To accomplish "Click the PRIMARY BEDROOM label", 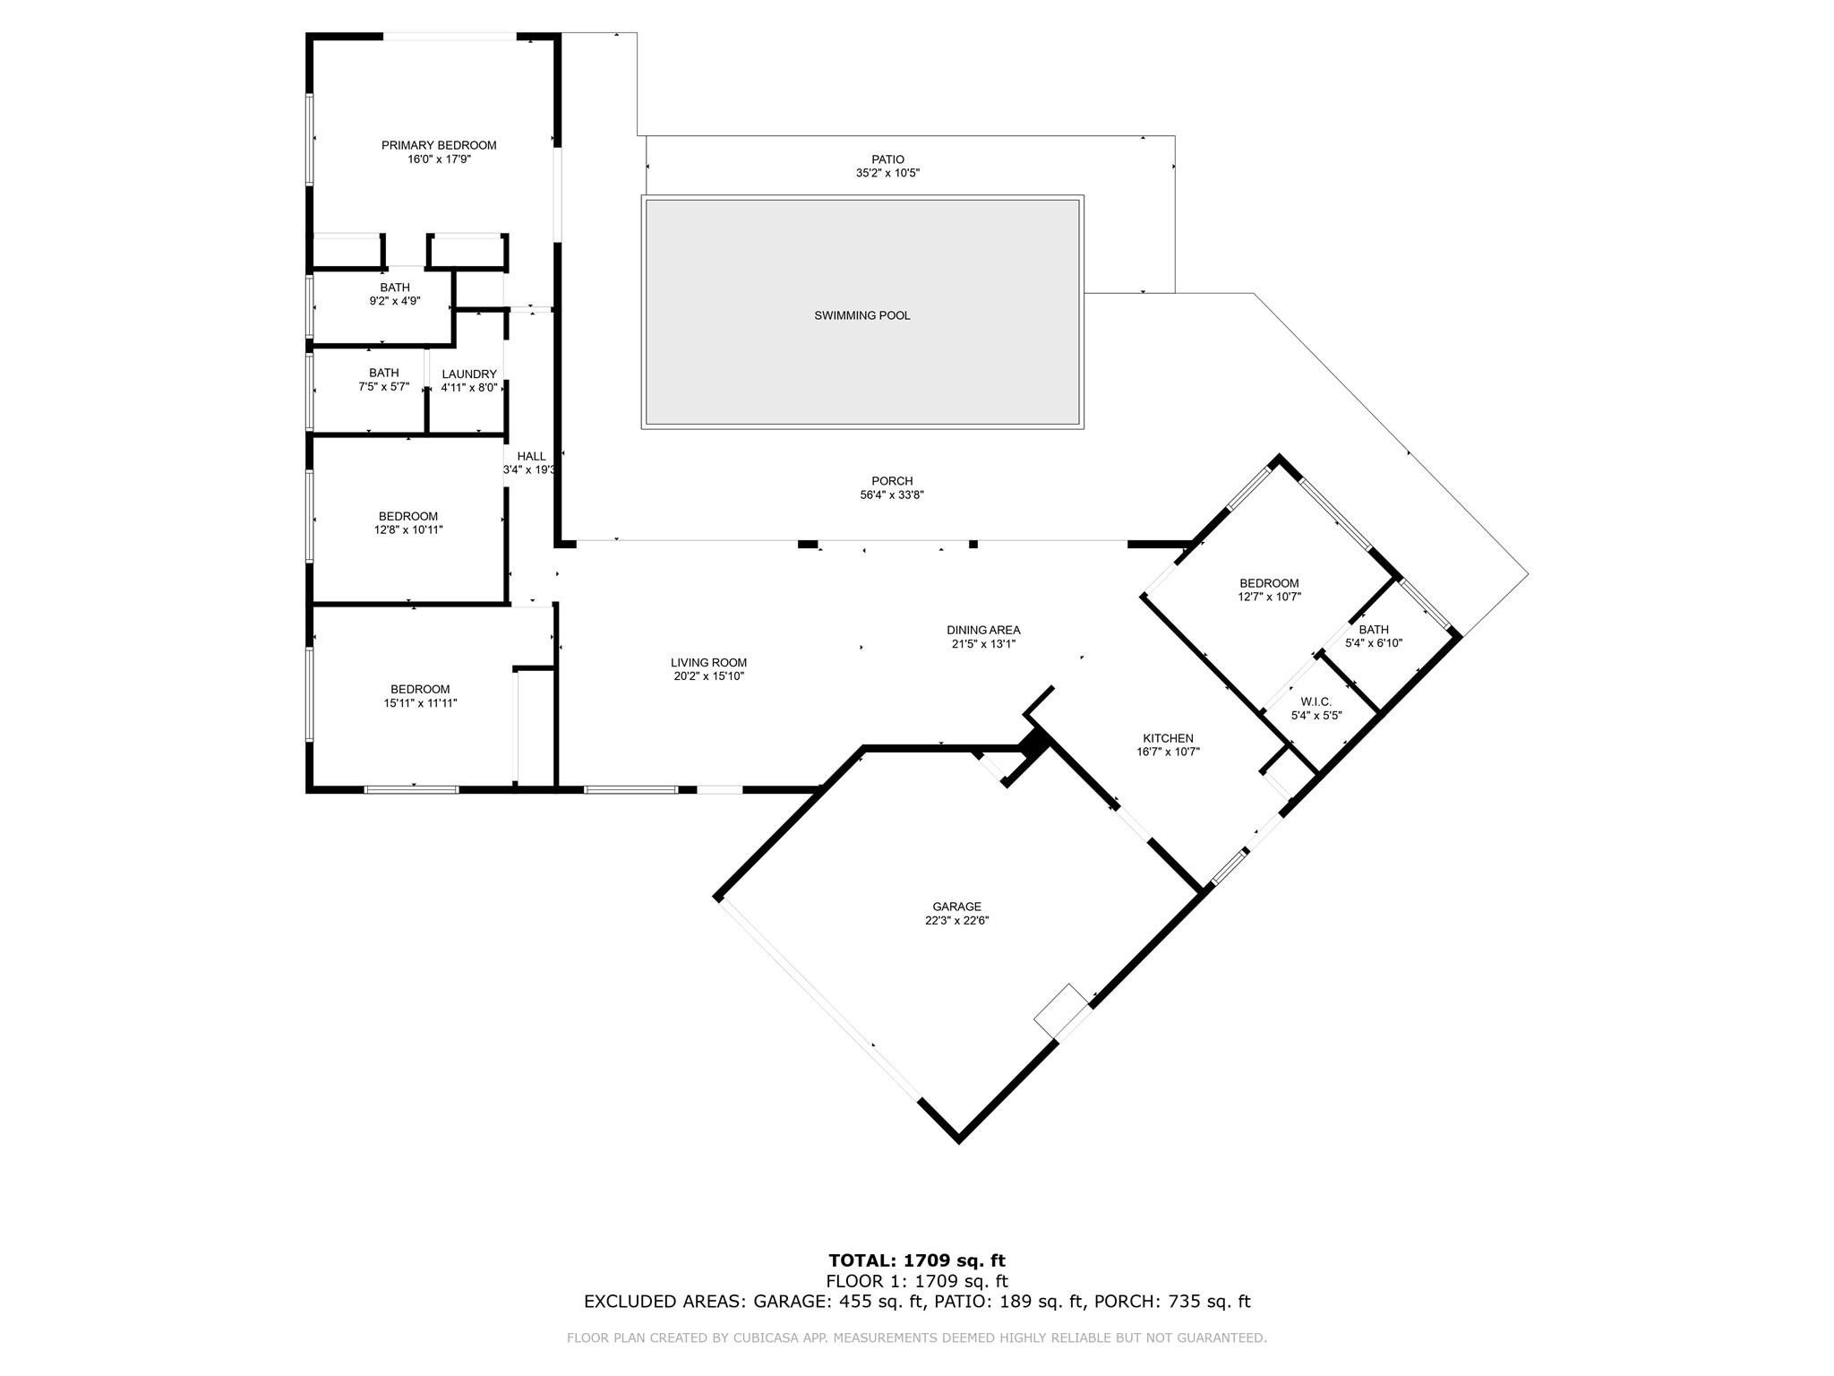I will [x=439, y=145].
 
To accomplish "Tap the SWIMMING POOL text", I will [x=861, y=315].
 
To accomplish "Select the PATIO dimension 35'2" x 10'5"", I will [x=887, y=173].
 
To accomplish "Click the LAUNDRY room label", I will [x=468, y=374].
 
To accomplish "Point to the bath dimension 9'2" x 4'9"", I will [x=395, y=301].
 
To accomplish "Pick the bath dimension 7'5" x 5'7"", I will [x=383, y=387].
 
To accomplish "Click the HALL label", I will [x=531, y=456].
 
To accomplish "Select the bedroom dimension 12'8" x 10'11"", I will [x=408, y=529].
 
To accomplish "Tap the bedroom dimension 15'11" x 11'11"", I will [x=420, y=703].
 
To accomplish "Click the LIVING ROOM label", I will [x=708, y=663].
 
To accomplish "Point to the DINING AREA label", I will [x=983, y=630].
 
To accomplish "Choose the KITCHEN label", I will [x=1168, y=738].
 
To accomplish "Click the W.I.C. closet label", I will [x=1316, y=701].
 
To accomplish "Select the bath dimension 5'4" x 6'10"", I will [x=1374, y=642].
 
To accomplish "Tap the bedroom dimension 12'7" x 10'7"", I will [x=1269, y=597].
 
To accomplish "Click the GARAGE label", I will [x=956, y=907].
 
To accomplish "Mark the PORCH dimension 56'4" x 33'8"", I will [x=892, y=494].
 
